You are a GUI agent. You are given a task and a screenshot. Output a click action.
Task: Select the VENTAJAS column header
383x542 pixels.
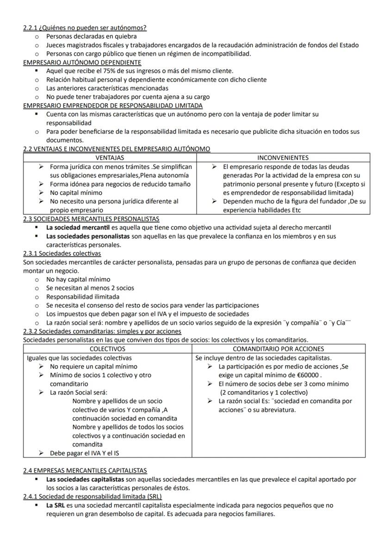tap(109, 158)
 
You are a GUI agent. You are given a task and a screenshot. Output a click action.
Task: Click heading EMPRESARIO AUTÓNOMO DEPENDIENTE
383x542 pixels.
tap(82, 62)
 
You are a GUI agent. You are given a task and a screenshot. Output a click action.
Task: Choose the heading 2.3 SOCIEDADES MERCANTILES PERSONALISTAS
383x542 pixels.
tap(91, 218)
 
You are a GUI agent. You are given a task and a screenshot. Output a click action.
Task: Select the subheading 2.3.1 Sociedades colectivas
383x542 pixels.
tap(62, 253)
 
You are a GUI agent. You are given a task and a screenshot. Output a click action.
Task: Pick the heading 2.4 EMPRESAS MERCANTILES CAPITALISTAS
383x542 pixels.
tap(85, 470)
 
